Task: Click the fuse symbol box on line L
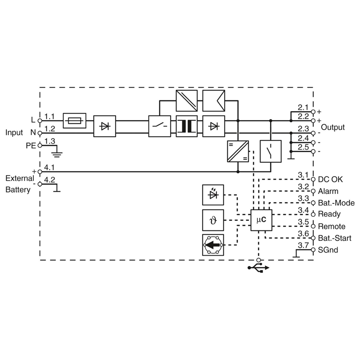click(x=74, y=121)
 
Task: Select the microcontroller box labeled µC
click(x=261, y=220)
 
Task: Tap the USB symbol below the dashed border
click(x=258, y=268)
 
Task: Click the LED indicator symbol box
click(x=213, y=195)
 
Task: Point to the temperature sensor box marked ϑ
click(x=213, y=220)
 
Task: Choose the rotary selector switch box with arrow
click(x=213, y=245)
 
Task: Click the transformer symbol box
click(x=187, y=126)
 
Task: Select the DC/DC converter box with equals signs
click(x=238, y=151)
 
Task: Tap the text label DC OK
click(x=330, y=180)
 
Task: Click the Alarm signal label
click(x=328, y=191)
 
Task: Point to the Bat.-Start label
click(x=334, y=238)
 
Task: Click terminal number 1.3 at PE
click(x=50, y=141)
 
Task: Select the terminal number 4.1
click(x=49, y=167)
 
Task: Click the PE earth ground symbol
click(x=57, y=154)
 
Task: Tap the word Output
click(x=333, y=127)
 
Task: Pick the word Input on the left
click(x=14, y=132)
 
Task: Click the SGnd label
click(x=328, y=250)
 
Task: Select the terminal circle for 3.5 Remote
click(x=313, y=226)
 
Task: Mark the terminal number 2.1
click(x=303, y=108)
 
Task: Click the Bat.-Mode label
click(x=336, y=203)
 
